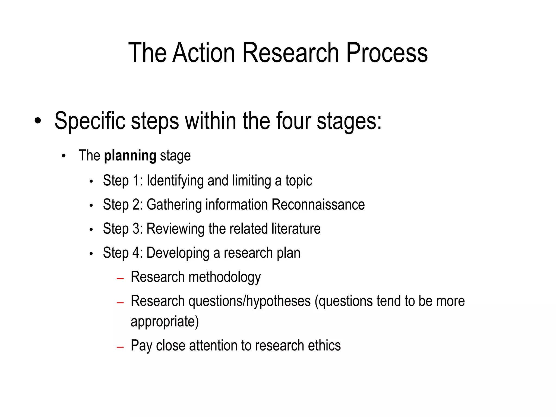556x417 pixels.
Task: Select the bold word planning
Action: (x=130, y=156)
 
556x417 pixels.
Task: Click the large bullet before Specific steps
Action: (x=38, y=121)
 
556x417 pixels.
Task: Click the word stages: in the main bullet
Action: (x=349, y=121)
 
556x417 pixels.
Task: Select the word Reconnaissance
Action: (x=318, y=204)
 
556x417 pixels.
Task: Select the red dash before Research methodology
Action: (x=120, y=279)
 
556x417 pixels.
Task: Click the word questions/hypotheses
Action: (x=249, y=301)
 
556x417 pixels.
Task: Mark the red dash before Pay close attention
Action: (x=120, y=347)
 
